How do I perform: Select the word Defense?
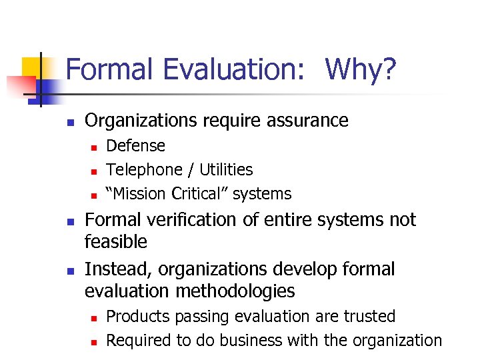(136, 145)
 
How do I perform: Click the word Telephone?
(141, 170)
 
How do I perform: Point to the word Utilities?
(222, 170)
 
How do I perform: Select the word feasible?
(116, 241)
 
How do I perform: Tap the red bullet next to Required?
(95, 341)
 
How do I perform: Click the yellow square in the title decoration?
(33, 69)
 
